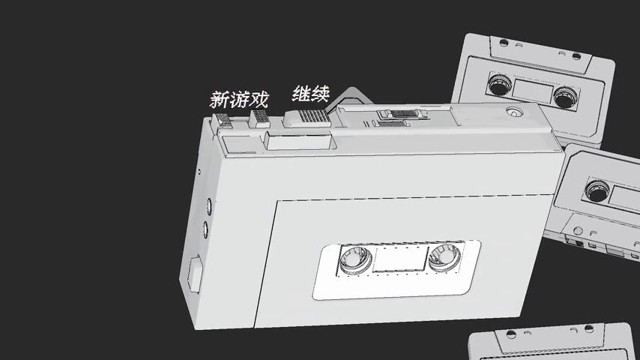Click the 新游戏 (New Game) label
(x=239, y=99)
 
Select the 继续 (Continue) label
(x=311, y=95)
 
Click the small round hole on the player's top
(x=513, y=112)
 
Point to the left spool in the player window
(x=354, y=260)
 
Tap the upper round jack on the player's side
(x=208, y=203)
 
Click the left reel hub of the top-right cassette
(x=498, y=85)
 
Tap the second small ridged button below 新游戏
(x=259, y=118)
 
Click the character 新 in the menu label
(x=219, y=100)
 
